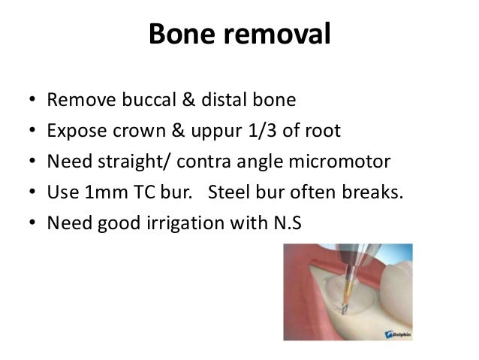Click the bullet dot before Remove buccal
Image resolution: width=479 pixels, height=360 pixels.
tap(30, 101)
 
